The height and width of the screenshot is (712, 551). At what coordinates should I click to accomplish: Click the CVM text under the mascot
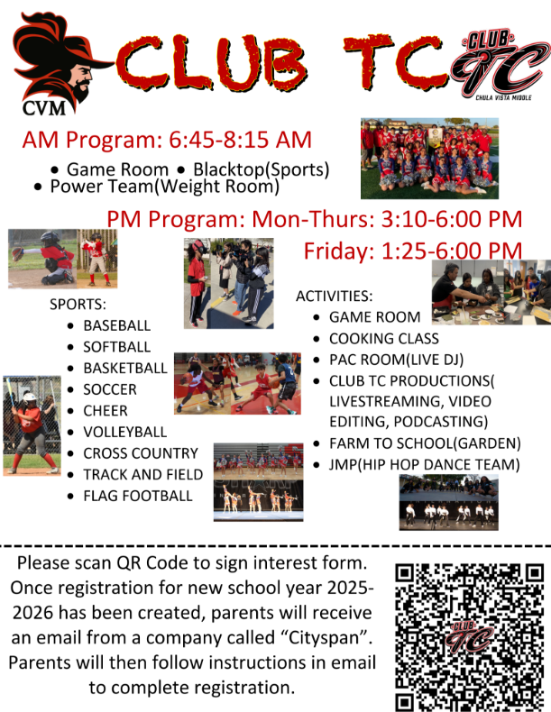point(44,108)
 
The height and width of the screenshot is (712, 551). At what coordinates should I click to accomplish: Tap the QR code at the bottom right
point(469,636)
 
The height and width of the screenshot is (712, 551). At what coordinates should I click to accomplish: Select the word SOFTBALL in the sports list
point(116,347)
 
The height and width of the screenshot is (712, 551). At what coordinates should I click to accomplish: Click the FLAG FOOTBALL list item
point(138,496)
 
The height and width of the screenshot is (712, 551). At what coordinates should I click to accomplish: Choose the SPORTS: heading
point(78,305)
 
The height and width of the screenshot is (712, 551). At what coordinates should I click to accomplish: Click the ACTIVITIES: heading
point(335,296)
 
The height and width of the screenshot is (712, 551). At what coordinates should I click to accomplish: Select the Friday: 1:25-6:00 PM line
point(413,251)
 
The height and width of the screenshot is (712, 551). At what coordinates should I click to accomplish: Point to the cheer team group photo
point(430,159)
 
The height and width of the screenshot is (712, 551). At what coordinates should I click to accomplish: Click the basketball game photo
point(237,383)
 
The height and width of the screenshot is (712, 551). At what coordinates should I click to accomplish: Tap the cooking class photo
point(491,292)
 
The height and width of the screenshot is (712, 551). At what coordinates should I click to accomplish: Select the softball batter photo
point(32,425)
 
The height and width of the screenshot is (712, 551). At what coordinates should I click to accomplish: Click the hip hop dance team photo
point(449,502)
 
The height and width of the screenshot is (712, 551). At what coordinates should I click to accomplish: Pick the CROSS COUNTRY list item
point(141,453)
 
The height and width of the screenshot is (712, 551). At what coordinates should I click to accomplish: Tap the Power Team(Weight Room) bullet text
point(164,187)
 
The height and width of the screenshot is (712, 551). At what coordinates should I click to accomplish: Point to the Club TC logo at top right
point(498,64)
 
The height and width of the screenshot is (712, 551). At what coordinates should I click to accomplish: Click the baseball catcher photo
point(42,259)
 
